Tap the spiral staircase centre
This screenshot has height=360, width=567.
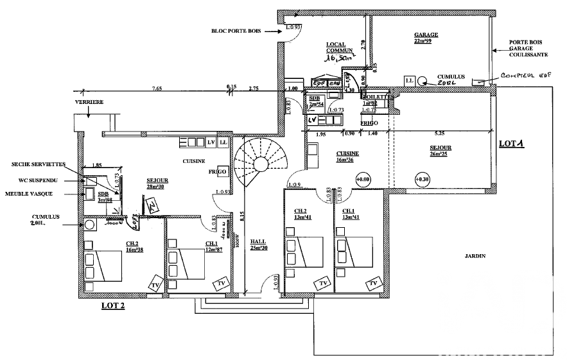click(x=260, y=164)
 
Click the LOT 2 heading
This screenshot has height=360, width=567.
click(x=113, y=306)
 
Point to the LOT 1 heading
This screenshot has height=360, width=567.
click(x=512, y=144)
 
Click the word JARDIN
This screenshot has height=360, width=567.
click(x=475, y=256)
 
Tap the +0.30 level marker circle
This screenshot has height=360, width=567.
click(x=421, y=179)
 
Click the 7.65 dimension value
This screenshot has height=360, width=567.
click(x=157, y=87)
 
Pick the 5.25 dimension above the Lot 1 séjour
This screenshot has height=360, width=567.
click(x=440, y=134)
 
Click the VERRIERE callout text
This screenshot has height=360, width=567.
click(x=89, y=101)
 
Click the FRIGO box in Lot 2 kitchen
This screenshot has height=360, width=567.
click(x=217, y=173)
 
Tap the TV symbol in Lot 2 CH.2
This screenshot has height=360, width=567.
click(x=155, y=284)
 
